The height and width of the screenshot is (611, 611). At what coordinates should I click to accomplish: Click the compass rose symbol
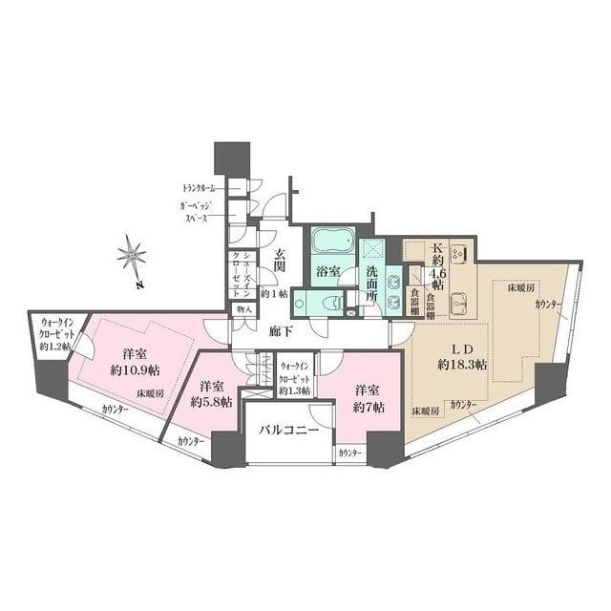131,255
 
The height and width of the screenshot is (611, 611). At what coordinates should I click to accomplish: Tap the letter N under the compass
138,284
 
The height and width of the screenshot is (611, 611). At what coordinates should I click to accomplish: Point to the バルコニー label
289,431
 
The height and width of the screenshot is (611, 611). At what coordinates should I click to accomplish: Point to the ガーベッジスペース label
202,213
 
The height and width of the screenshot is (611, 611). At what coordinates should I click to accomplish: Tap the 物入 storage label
242,309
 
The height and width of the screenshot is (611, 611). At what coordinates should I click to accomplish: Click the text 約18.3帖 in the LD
462,365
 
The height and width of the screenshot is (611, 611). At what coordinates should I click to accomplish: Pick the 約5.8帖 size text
210,402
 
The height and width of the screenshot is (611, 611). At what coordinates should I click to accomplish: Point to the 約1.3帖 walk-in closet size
296,390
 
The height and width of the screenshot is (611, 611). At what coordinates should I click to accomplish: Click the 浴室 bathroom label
329,272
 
